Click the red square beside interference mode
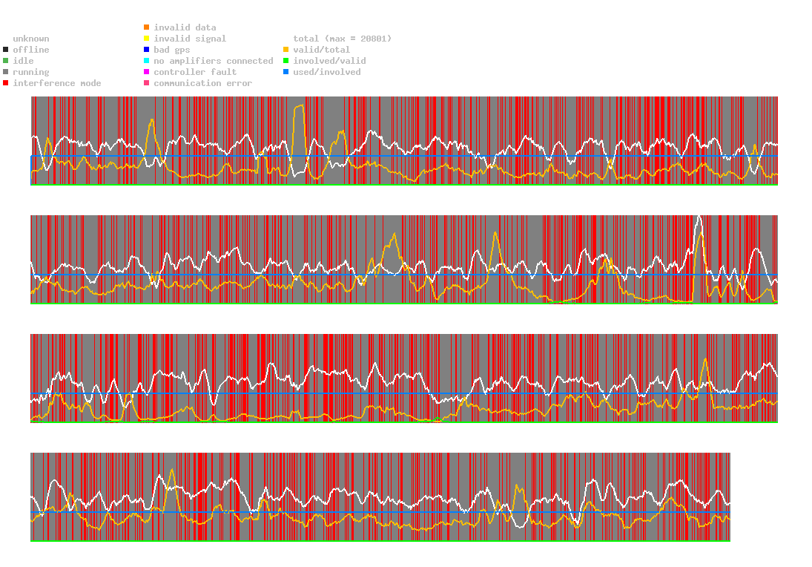pyautogui.click(x=6, y=83)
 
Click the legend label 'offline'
pyautogui.click(x=31, y=50)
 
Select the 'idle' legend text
pyautogui.click(x=23, y=61)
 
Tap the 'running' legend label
pyautogui.click(x=31, y=72)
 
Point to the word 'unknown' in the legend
pyautogui.click(x=31, y=39)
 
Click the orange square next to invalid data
pyautogui.click(x=147, y=27)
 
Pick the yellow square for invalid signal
pyautogui.click(x=147, y=39)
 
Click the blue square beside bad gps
pyautogui.click(x=147, y=50)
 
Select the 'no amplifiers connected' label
pyautogui.click(x=214, y=61)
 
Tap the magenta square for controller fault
pyautogui.click(x=147, y=71)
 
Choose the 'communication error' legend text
pyautogui.click(x=203, y=83)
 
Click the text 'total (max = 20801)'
pyautogui.click(x=343, y=39)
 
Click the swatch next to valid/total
pyautogui.click(x=285, y=50)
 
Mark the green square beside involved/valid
pyautogui.click(x=285, y=61)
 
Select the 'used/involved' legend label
pyautogui.click(x=327, y=72)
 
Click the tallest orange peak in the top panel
pyautogui.click(x=300, y=105)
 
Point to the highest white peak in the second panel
pyautogui.click(x=699, y=217)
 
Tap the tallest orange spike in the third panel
pyautogui.click(x=704, y=358)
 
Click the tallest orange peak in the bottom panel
pyautogui.click(x=173, y=470)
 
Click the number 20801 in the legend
pyautogui.click(x=374, y=39)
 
